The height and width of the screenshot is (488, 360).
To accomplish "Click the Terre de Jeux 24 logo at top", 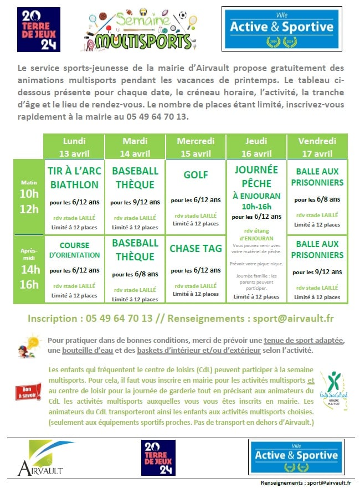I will click(x=39, y=29).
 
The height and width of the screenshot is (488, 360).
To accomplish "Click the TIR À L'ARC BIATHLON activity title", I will click(x=74, y=178).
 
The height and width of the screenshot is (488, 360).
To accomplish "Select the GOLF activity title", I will click(x=196, y=175).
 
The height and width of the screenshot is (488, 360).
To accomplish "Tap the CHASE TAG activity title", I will click(x=196, y=249).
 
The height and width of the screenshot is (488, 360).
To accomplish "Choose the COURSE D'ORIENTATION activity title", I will click(x=74, y=250).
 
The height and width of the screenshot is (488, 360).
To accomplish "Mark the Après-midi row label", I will click(x=29, y=255).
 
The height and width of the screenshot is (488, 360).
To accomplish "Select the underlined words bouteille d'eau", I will click(x=84, y=351).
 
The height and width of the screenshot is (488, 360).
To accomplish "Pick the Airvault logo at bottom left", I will click(x=39, y=459).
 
